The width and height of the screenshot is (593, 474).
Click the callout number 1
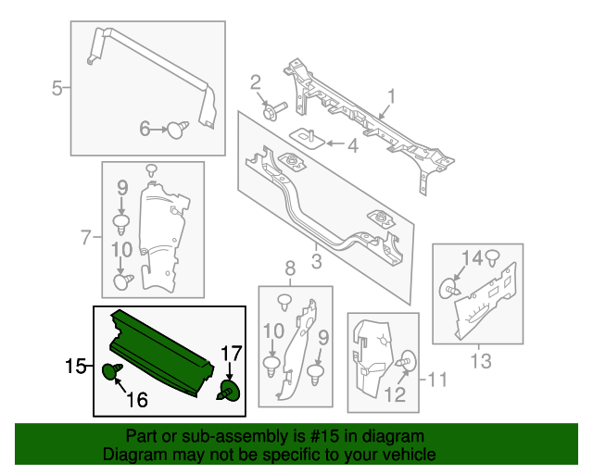coord(391,95)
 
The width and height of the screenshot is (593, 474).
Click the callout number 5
coord(57,89)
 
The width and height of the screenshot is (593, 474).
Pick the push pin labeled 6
coord(176,131)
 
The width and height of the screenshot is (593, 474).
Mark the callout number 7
coord(86,238)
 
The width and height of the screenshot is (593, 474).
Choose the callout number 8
coord(290,269)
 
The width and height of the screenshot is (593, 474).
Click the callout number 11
coord(436,378)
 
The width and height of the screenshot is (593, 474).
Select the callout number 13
coord(482,360)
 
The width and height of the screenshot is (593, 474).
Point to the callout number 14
coord(472,256)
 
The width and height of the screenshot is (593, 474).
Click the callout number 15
coord(74,368)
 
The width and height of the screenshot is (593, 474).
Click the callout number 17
coord(230,353)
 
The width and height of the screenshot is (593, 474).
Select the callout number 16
coord(137,400)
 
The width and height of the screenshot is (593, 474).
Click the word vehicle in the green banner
coord(410,455)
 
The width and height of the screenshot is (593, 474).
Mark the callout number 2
coord(256,86)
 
